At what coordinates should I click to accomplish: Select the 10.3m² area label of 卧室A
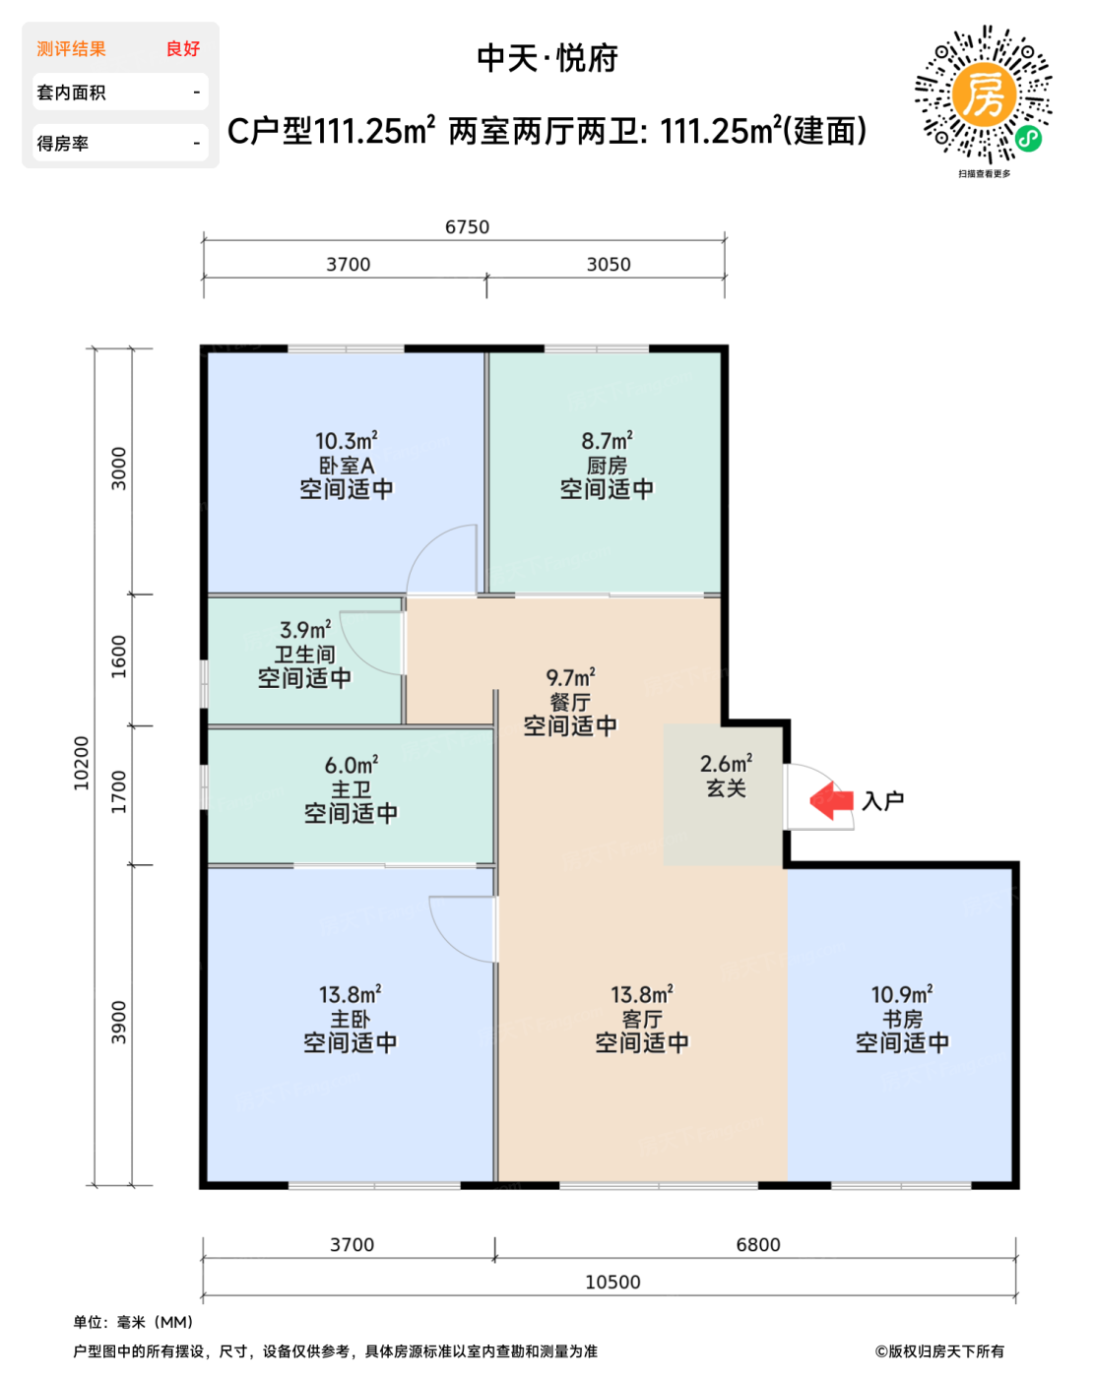347,441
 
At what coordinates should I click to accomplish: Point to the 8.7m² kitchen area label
608,441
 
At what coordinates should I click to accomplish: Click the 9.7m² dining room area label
570,677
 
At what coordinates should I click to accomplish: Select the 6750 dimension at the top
467,227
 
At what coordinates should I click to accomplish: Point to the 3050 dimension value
609,265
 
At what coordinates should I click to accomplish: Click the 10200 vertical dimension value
82,763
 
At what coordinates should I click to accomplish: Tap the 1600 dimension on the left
119,657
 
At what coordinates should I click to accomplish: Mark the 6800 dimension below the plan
758,1245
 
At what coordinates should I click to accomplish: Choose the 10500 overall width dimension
612,1282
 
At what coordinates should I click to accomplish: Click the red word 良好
183,48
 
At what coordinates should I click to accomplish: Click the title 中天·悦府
547,59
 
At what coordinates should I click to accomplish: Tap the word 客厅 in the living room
642,1019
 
